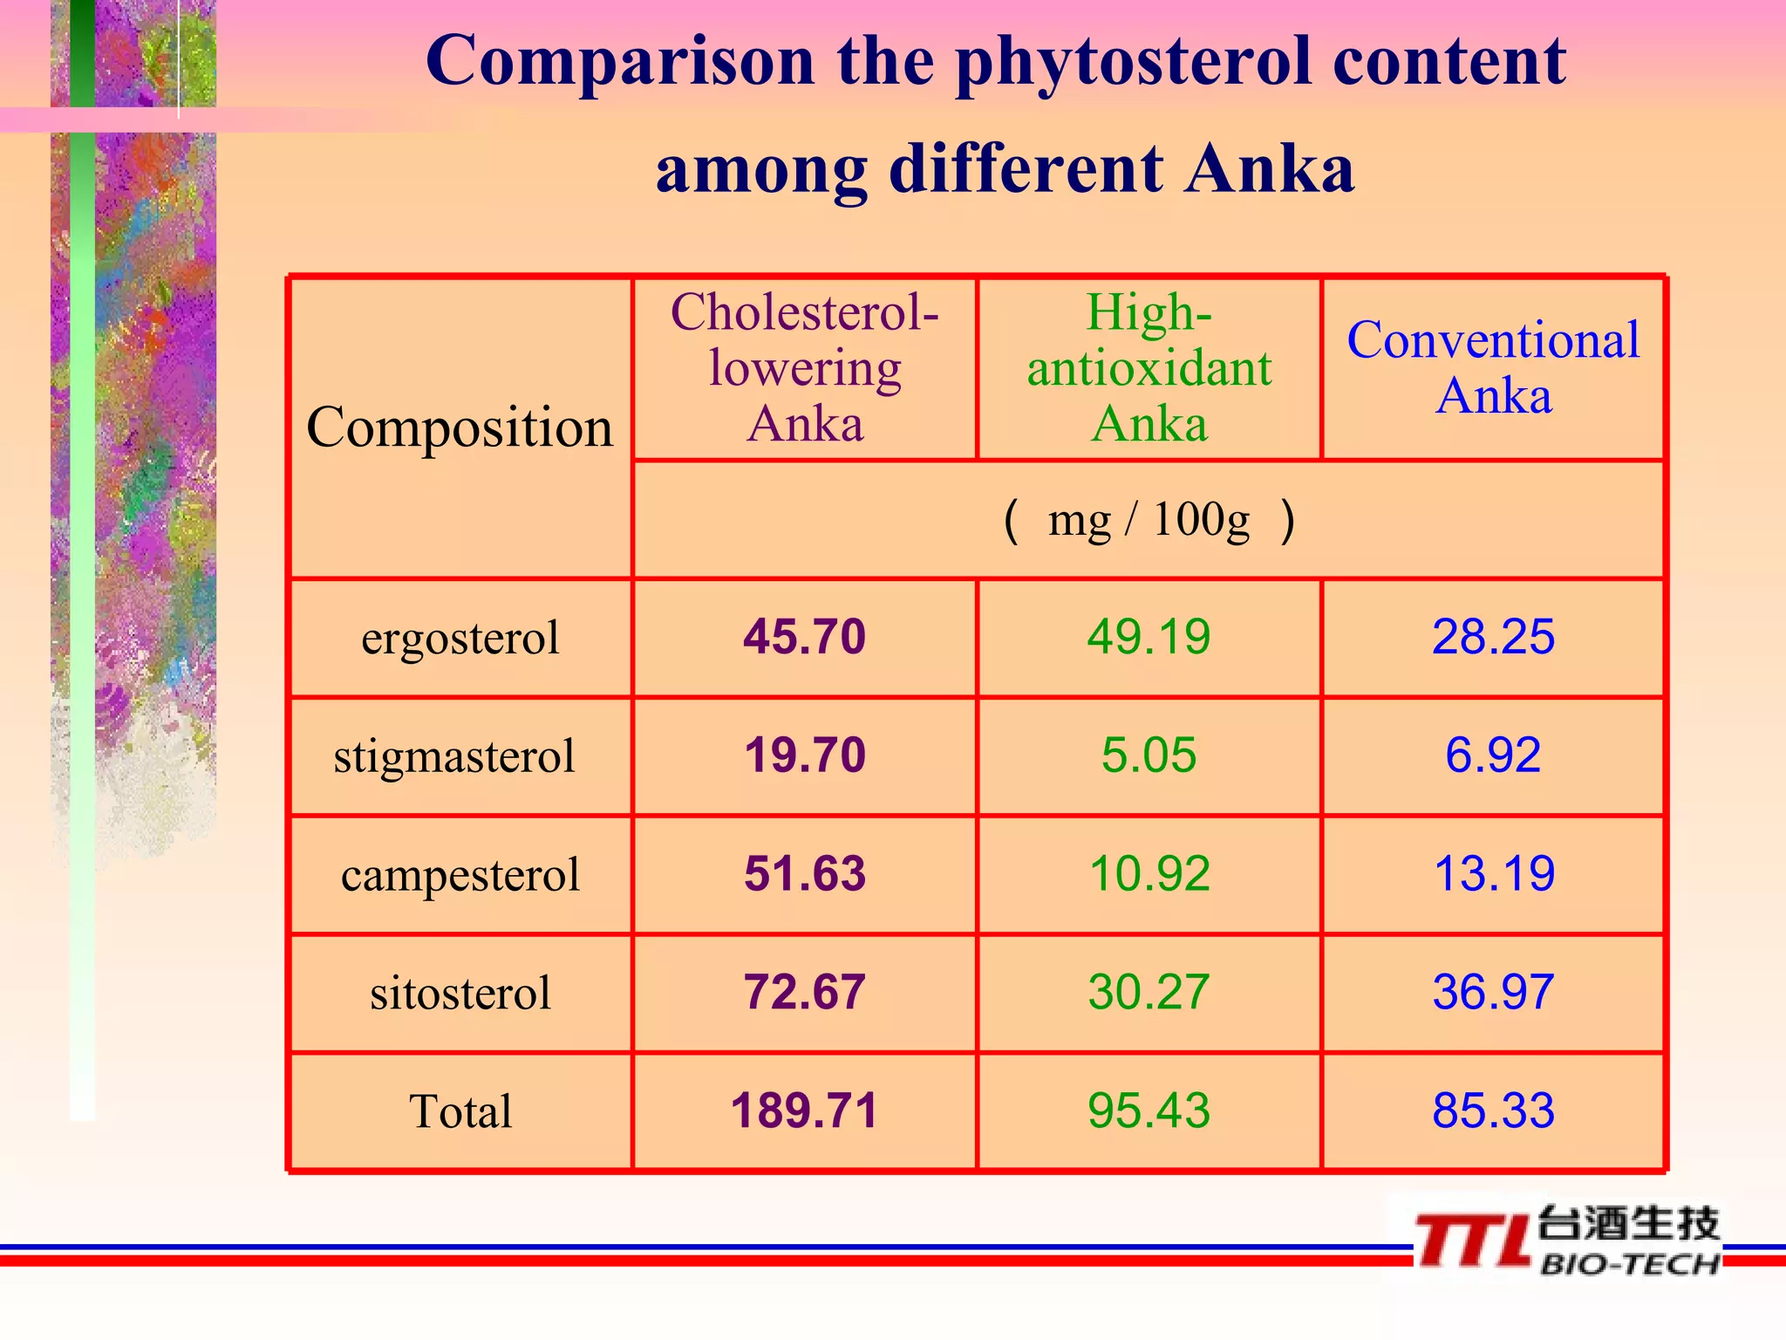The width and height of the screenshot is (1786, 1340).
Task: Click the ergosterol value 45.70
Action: (804, 637)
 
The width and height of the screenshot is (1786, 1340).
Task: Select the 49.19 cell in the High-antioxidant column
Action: (1149, 637)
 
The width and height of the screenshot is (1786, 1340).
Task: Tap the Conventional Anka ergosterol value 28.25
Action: (1493, 637)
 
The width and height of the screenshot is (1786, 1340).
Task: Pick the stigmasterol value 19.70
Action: (804, 755)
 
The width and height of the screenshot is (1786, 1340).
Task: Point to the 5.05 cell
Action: (1149, 755)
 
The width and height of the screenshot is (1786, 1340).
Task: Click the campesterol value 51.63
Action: (804, 874)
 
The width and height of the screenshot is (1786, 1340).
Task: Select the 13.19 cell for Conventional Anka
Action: (1493, 874)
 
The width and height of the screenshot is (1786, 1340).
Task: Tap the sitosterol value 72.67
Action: (804, 993)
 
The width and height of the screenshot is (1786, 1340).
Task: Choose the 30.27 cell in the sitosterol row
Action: (1149, 993)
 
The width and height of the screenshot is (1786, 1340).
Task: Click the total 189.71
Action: (804, 1111)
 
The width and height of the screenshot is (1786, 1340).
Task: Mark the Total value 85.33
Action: (1493, 1111)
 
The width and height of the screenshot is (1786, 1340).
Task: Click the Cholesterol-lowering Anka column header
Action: (804, 368)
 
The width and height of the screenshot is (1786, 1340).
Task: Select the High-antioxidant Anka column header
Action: (1149, 368)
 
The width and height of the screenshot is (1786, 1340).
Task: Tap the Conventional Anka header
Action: (1493, 368)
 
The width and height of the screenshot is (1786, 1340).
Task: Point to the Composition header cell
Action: (460, 427)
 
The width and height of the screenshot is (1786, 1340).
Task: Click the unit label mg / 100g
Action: (1149, 521)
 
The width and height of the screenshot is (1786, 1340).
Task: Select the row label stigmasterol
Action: (454, 756)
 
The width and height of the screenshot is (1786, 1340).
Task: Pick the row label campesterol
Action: (460, 875)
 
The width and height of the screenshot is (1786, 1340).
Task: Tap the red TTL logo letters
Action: (1472, 1241)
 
